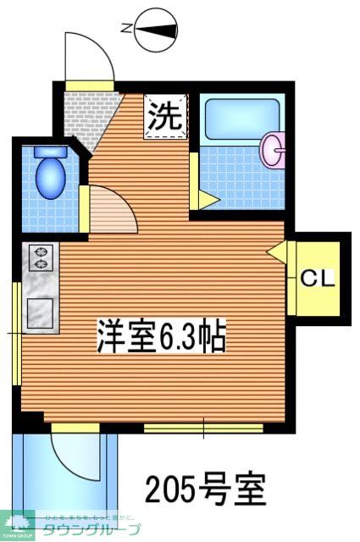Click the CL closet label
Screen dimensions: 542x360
coord(318,277)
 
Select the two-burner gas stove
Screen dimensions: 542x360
coord(40,259)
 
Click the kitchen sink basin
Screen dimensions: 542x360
coord(40,312)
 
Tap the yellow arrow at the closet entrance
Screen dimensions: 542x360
coord(275,252)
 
